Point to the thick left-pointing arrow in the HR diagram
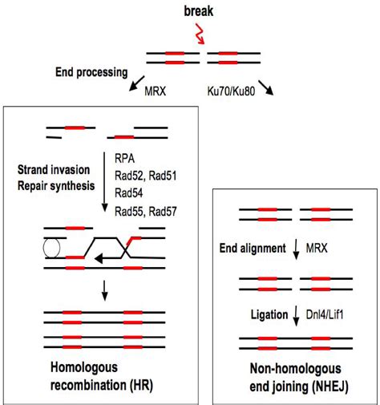105,259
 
